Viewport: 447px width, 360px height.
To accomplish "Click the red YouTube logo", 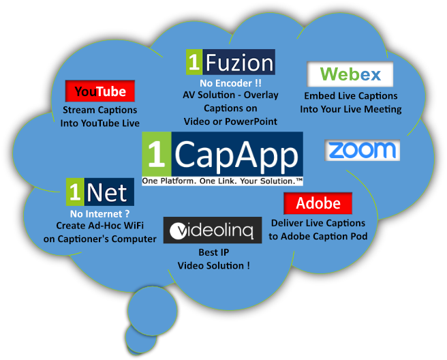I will pos(100,91).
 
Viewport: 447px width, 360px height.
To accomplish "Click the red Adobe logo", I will pos(318,203).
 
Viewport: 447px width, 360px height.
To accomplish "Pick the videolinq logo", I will pos(213,230).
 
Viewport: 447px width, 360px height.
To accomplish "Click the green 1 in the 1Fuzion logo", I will pos(194,63).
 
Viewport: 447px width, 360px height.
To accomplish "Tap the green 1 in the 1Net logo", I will pos(75,192).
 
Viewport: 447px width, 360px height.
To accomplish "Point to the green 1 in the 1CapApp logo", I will pos(156,155).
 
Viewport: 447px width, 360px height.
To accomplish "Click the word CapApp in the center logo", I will pos(235,155).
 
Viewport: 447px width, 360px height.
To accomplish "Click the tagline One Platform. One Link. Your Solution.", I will pos(222,181).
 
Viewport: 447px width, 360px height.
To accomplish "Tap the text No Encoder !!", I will pos(230,83).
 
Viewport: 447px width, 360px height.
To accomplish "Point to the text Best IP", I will pos(213,252).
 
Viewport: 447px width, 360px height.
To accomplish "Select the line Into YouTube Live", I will pos(100,123).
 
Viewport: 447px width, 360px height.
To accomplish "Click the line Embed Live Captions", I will pos(350,96).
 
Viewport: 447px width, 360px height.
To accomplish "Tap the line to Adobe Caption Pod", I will pos(318,236).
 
